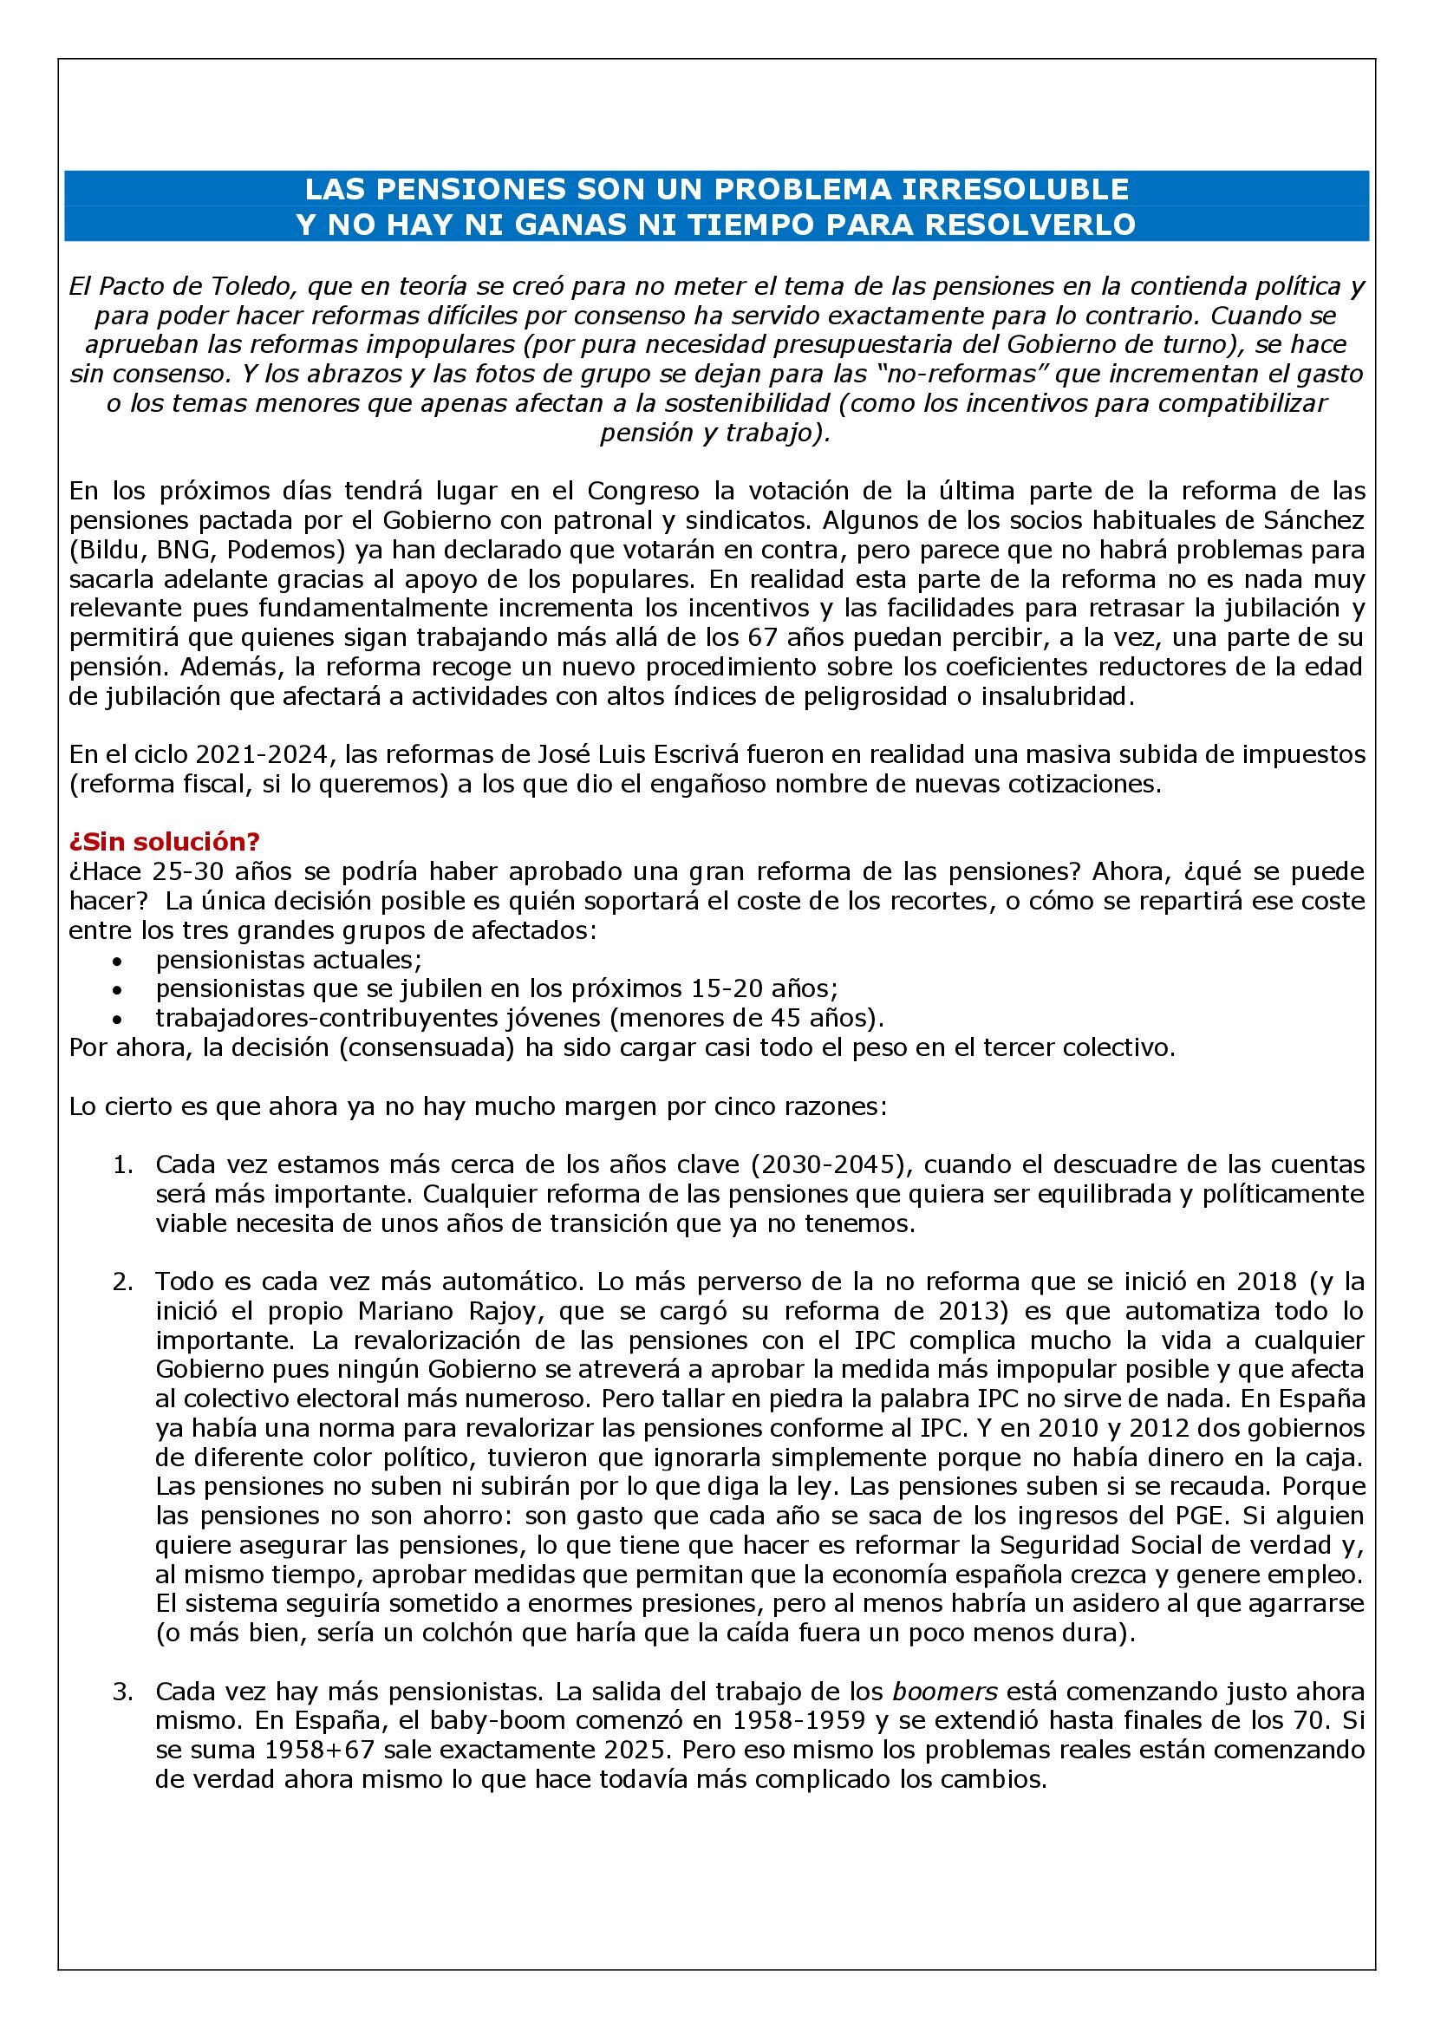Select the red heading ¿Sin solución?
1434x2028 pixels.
coord(164,842)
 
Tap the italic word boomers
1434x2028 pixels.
coord(945,1692)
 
